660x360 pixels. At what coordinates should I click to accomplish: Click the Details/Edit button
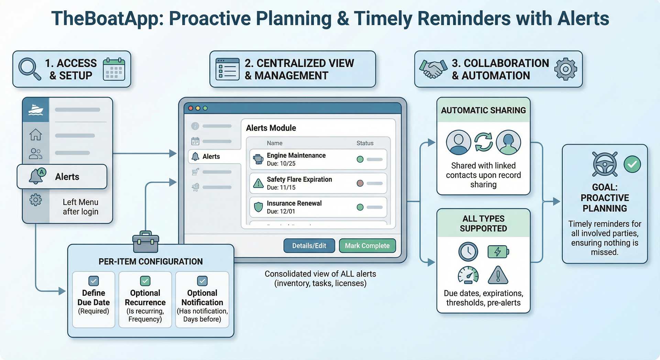309,246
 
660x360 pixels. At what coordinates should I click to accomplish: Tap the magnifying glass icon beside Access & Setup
30,69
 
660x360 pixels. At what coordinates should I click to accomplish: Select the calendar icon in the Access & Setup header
114,69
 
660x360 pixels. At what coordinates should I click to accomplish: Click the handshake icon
433,69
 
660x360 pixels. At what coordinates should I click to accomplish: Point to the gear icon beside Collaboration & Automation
565,69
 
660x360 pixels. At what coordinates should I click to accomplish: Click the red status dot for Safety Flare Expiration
360,183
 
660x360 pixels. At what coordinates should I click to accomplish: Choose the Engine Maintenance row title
296,155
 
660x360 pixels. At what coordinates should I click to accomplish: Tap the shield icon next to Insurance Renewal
258,207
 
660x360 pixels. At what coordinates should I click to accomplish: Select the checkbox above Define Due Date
93,281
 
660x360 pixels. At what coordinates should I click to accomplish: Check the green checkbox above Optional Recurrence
145,281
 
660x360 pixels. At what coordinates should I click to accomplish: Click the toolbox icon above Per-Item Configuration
146,242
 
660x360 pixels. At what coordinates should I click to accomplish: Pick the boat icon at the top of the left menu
36,110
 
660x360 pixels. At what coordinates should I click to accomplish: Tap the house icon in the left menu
35,134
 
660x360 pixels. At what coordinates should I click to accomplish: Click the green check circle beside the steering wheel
632,164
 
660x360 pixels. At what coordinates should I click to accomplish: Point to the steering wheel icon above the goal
605,164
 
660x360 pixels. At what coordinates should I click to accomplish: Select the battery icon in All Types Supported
498,252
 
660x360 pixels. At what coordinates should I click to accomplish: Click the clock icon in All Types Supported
468,252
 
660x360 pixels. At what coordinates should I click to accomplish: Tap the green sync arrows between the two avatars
483,142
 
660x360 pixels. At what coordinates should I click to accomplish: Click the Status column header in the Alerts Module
365,143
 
